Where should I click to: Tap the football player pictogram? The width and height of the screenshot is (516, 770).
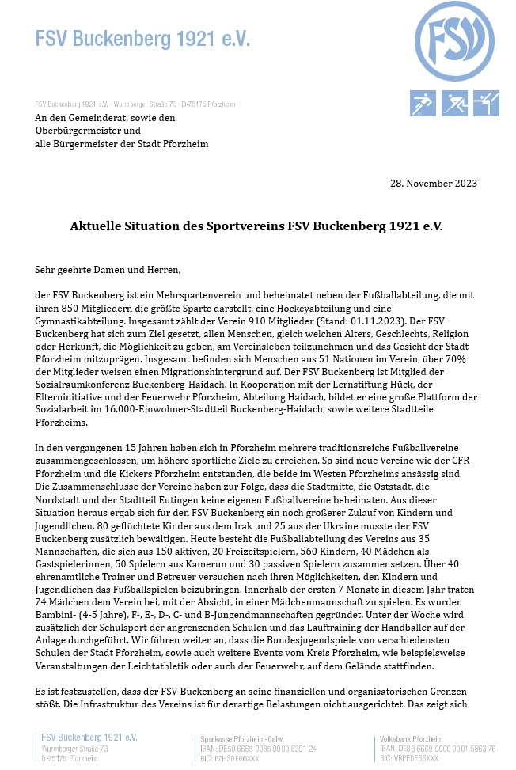pyautogui.click(x=423, y=103)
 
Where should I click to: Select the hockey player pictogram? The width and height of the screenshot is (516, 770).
pyautogui.click(x=454, y=103)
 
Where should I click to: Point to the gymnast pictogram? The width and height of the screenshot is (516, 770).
pyautogui.click(x=486, y=103)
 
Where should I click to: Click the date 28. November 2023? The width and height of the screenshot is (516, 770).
pyautogui.click(x=434, y=184)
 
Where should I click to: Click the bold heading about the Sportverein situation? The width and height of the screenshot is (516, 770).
pyautogui.click(x=257, y=226)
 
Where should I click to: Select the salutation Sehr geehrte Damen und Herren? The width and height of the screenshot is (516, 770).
pyautogui.click(x=108, y=269)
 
